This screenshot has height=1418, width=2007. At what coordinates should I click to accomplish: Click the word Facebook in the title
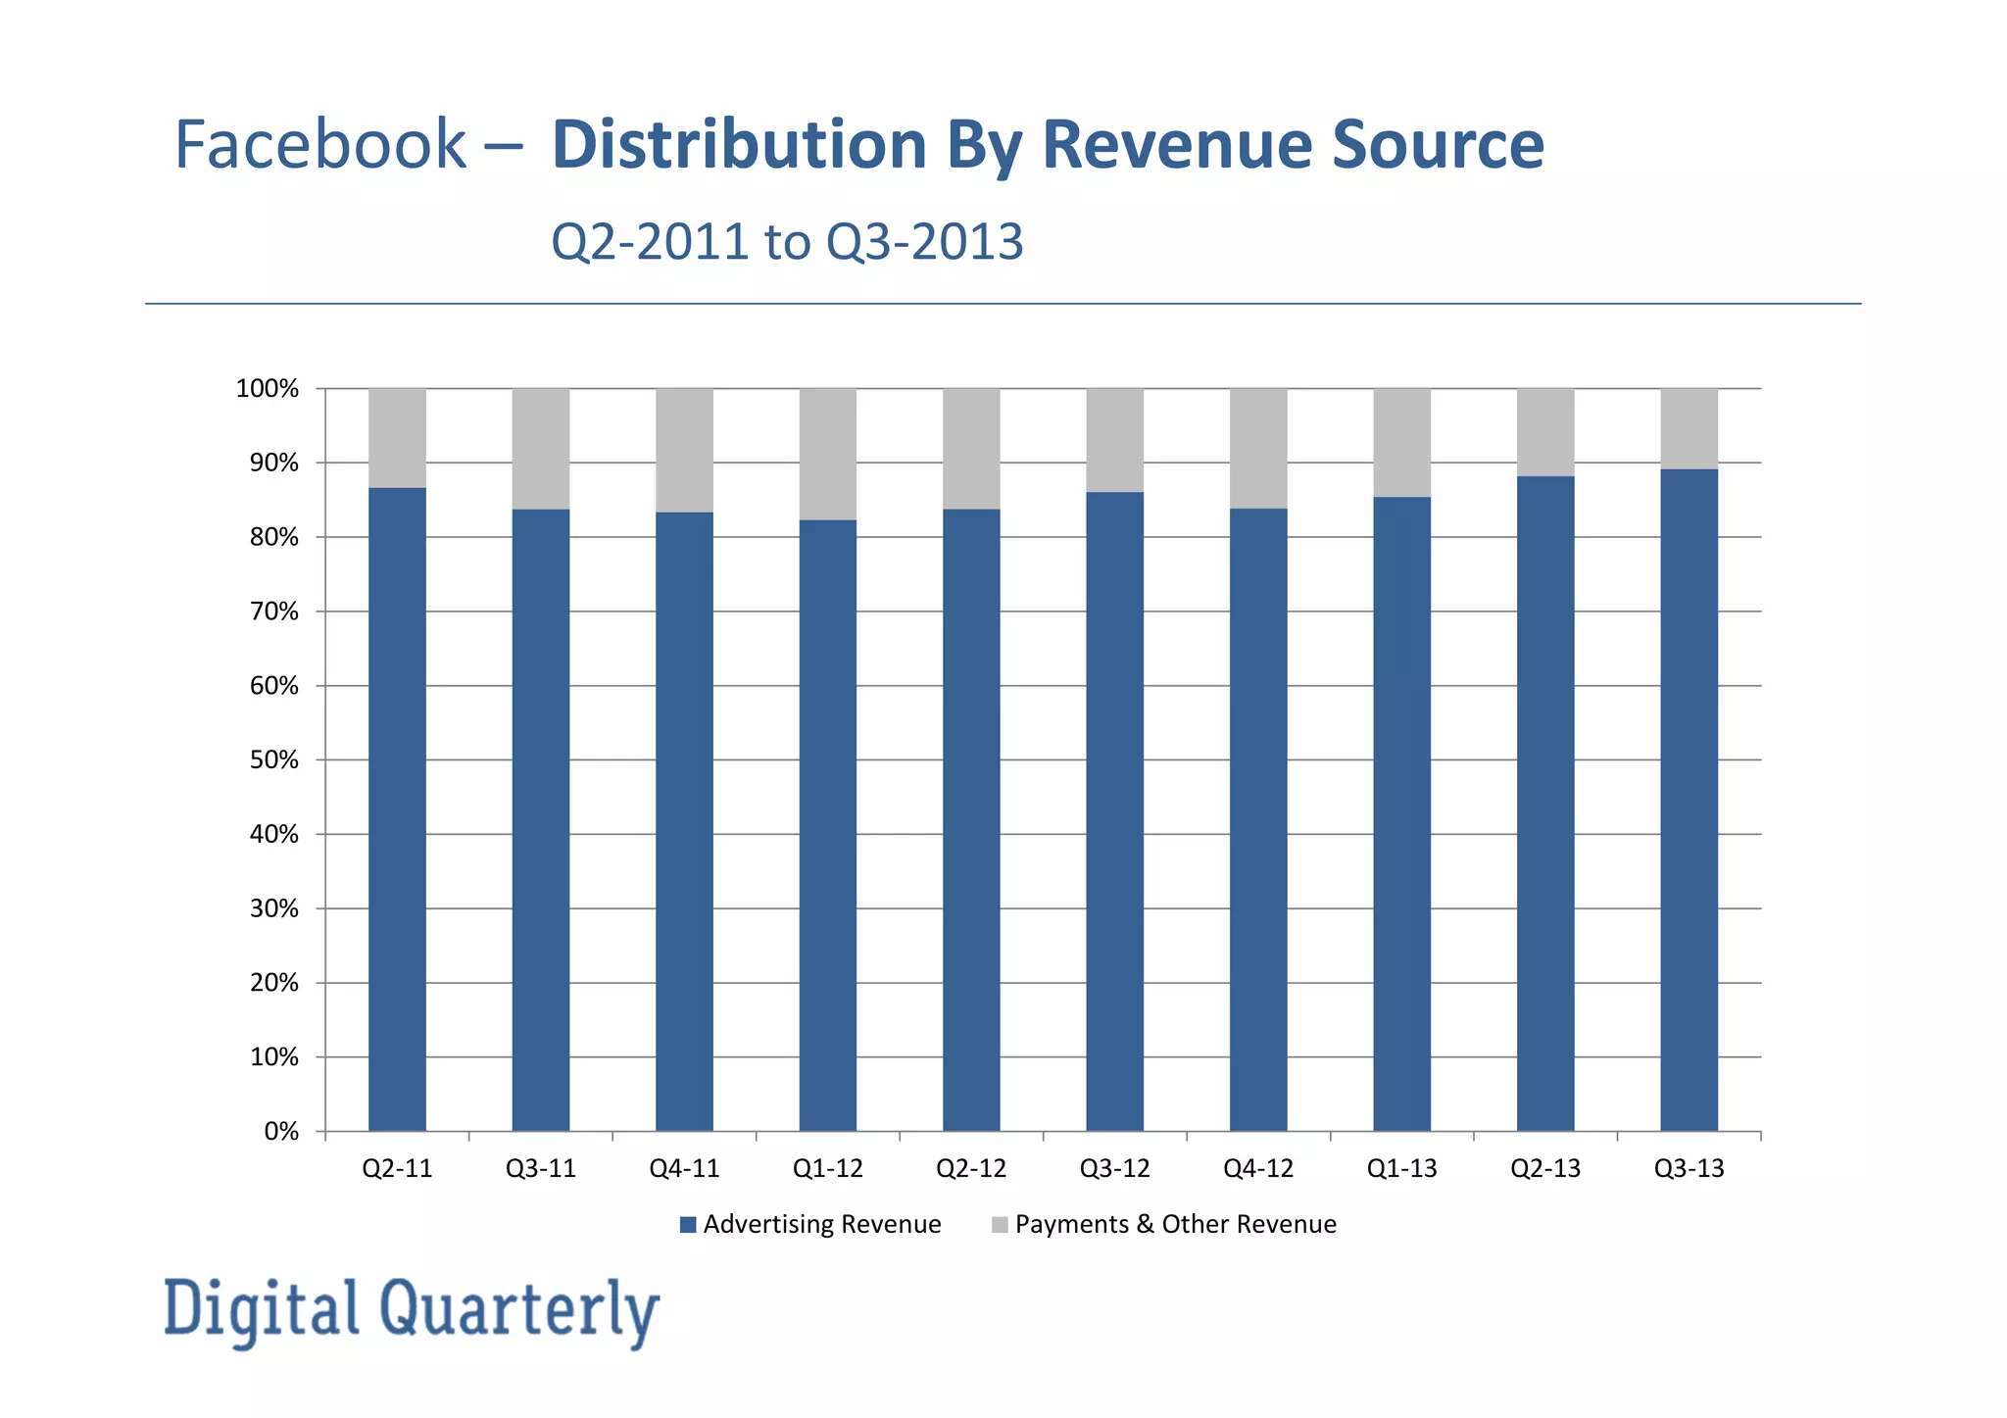[319, 145]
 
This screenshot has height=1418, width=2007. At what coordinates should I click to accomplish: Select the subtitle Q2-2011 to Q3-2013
[787, 241]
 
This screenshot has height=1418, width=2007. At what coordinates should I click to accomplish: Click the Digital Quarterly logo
[412, 1310]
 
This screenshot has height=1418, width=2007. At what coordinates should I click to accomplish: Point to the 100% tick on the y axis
[268, 389]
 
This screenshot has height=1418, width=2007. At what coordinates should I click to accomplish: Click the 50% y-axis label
[274, 760]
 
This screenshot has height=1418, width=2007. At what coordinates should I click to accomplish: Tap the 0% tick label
[281, 1132]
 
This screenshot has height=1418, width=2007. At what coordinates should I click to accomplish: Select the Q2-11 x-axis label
[397, 1168]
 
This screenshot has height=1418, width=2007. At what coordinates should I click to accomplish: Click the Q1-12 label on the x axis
[828, 1168]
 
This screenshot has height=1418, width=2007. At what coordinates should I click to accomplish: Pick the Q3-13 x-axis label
[1689, 1168]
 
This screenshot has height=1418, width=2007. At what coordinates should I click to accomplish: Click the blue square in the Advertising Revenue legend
[688, 1225]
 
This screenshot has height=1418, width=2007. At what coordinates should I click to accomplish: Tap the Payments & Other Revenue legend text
[1175, 1225]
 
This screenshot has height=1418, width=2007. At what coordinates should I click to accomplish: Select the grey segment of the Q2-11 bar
[397, 437]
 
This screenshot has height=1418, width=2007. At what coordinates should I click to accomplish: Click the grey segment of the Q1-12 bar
[828, 454]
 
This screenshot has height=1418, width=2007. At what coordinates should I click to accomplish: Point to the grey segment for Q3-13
[1689, 428]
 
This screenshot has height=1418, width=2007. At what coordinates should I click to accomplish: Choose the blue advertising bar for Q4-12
[1258, 819]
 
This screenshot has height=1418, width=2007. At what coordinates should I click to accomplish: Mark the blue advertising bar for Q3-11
[541, 819]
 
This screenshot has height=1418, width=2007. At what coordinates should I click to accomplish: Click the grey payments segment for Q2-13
[1545, 432]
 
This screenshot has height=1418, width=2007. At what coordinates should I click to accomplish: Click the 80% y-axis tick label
[274, 537]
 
